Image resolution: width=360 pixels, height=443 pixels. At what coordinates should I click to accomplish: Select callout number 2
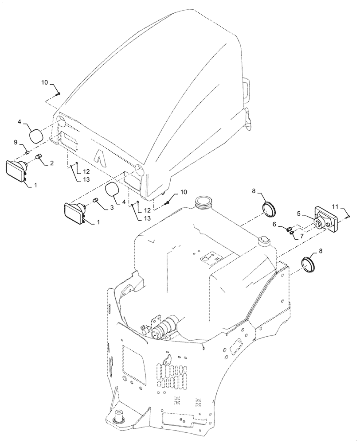[52, 163]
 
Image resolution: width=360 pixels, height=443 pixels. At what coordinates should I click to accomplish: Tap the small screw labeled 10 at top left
[59, 94]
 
